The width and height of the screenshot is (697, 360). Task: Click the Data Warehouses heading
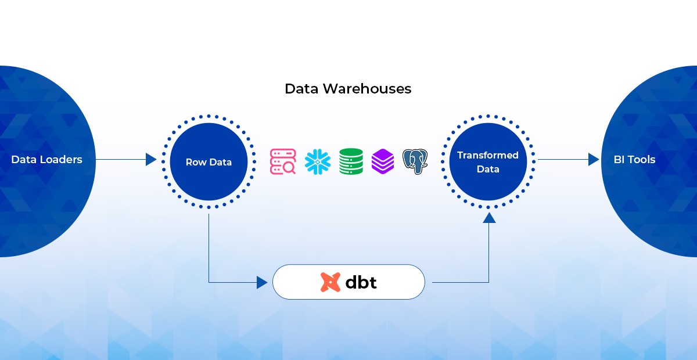tap(348, 89)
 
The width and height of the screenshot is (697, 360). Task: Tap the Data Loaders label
tap(46, 159)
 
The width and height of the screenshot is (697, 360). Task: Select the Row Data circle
tap(209, 162)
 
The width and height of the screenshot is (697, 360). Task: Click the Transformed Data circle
tap(487, 162)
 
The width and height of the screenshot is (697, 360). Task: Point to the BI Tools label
tap(634, 159)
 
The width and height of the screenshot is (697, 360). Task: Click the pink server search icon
tap(283, 161)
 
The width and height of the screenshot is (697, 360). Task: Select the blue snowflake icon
tap(317, 161)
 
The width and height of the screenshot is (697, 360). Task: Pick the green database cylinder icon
tap(351, 161)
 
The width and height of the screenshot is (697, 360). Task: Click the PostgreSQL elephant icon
tap(415, 161)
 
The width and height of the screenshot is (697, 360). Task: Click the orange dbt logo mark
tap(330, 282)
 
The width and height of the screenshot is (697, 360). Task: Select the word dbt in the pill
tap(361, 282)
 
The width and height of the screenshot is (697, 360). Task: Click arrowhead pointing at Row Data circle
tap(151, 159)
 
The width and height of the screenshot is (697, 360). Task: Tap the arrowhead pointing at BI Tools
tap(593, 159)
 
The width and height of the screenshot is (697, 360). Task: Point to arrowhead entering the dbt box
tap(262, 283)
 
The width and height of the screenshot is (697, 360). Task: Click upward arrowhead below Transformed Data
tap(489, 218)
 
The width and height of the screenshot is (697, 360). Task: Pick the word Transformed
tap(487, 155)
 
